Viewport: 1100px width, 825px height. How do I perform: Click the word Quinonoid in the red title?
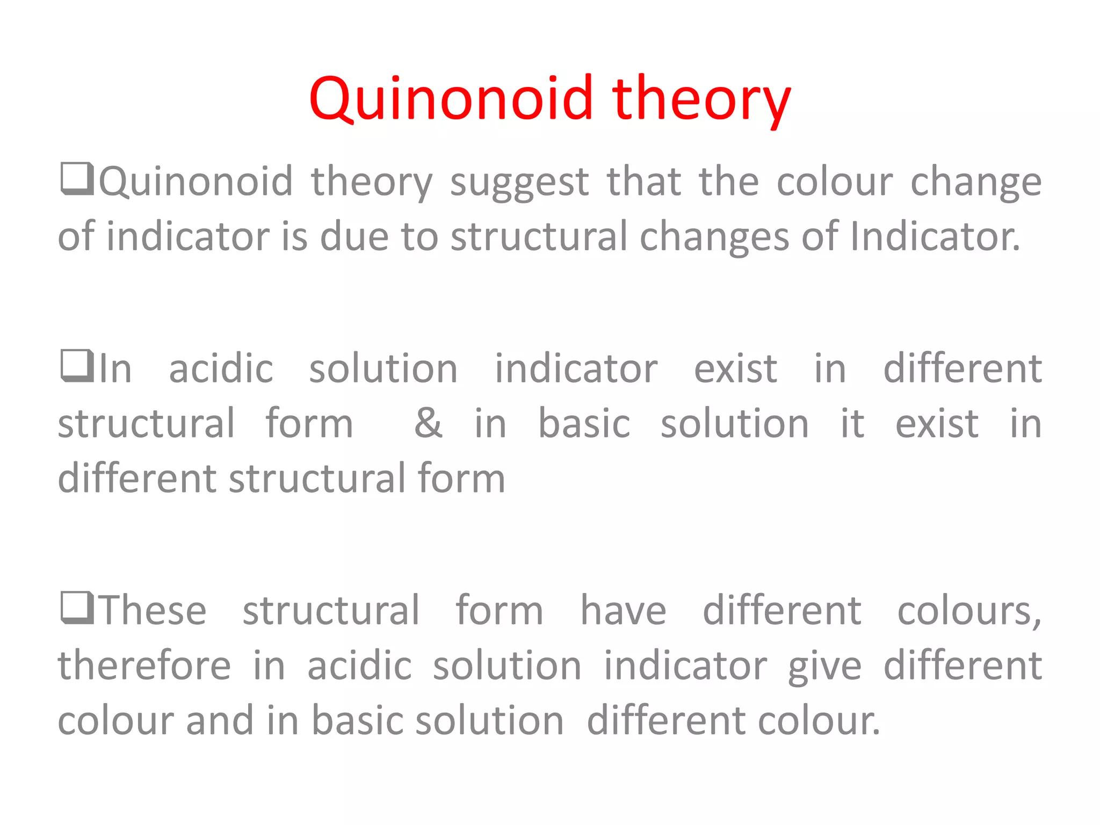(x=451, y=99)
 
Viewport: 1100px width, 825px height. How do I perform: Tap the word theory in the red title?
(x=701, y=99)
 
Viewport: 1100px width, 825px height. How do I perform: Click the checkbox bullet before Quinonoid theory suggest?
(x=77, y=179)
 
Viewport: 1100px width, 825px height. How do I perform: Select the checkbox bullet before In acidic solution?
(x=77, y=366)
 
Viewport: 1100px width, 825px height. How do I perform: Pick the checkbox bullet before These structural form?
(x=77, y=608)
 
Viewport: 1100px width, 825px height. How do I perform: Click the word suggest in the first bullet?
(x=519, y=183)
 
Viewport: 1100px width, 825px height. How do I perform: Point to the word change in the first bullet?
(x=976, y=183)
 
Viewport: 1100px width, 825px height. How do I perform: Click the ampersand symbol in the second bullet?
(x=428, y=423)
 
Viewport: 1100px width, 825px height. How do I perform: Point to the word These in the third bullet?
(x=154, y=611)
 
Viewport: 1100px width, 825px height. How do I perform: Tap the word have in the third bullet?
(x=623, y=611)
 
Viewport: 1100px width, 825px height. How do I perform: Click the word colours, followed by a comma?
(x=969, y=612)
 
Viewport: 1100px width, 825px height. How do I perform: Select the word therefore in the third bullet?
(x=144, y=665)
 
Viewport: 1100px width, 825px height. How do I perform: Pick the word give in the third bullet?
(x=824, y=667)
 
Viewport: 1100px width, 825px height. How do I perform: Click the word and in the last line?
(x=220, y=721)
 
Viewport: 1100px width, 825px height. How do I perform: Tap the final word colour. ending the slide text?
(x=819, y=721)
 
